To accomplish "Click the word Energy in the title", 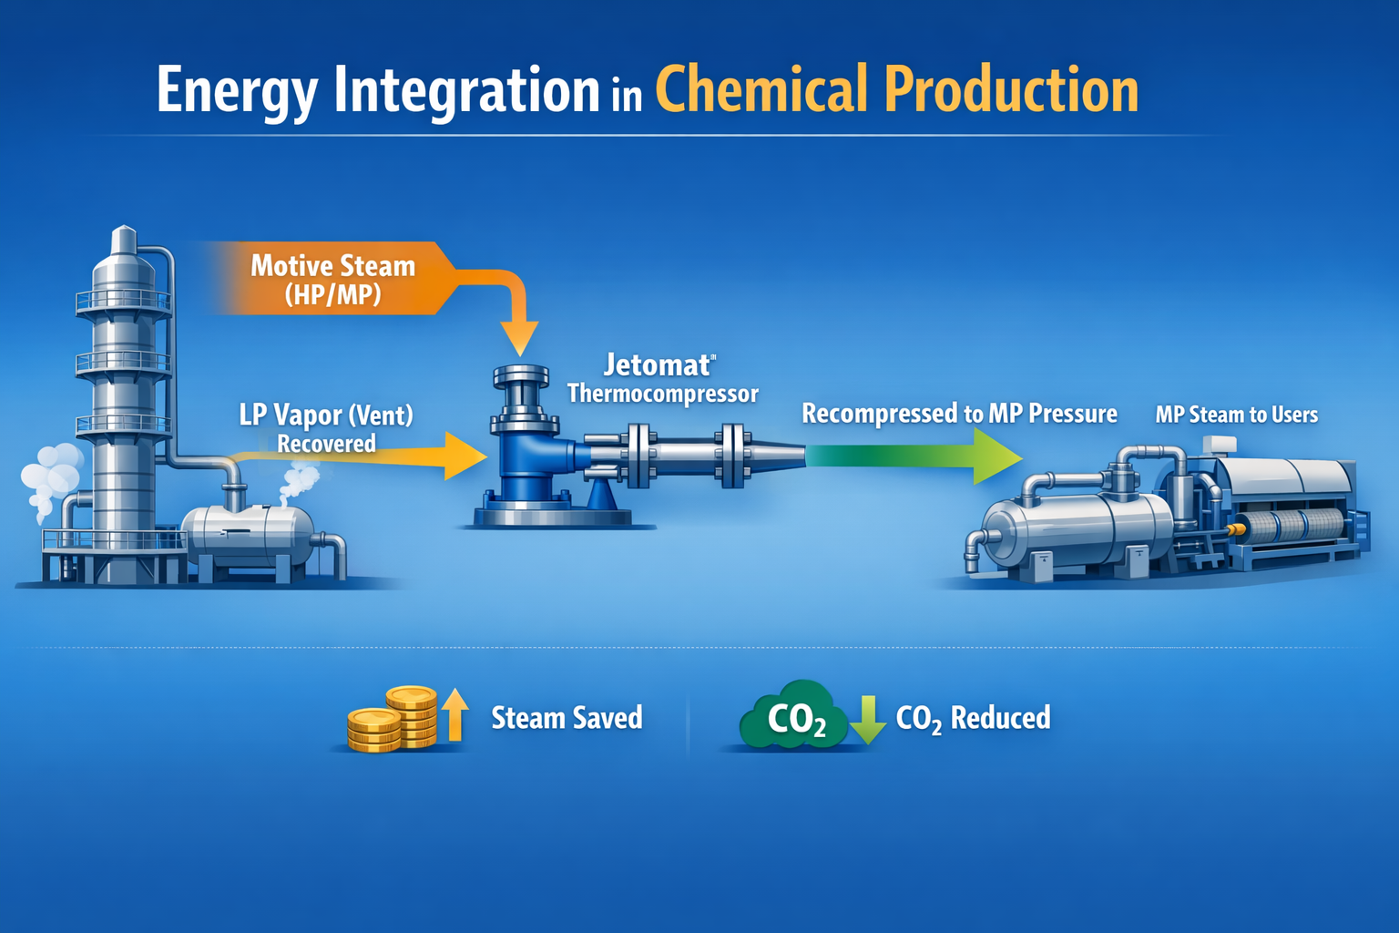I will (238, 91).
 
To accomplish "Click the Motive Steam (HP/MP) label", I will (332, 279).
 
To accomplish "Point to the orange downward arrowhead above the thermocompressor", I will (520, 339).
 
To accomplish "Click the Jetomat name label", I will (658, 365).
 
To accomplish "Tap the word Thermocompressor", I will (662, 394).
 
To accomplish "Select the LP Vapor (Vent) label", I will (326, 415).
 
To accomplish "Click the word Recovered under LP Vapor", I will (326, 444).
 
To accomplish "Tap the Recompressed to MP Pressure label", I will (959, 414).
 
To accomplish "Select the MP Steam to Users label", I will (1236, 415).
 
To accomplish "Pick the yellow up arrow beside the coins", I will (454, 713).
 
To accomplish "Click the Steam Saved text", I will (567, 718).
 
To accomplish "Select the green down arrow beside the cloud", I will (868, 719).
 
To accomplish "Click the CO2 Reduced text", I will (973, 718).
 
